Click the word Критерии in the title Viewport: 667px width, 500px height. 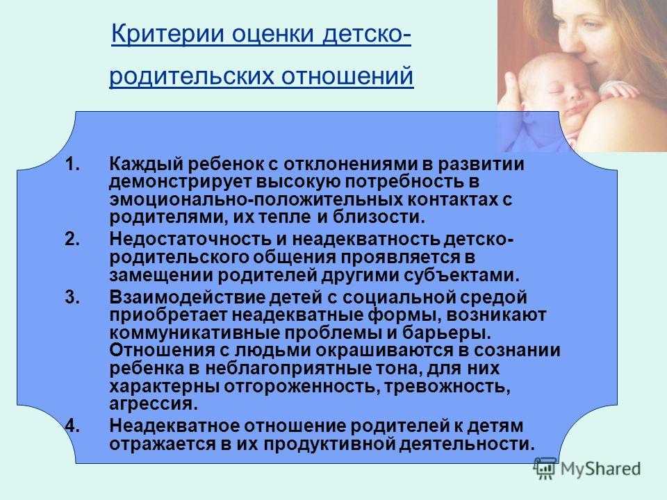pyautogui.click(x=167, y=33)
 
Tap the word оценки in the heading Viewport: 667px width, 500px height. pyautogui.click(x=273, y=34)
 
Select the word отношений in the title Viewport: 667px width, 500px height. pyautogui.click(x=347, y=76)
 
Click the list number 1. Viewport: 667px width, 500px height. pyautogui.click(x=73, y=164)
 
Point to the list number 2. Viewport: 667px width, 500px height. pyautogui.click(x=72, y=239)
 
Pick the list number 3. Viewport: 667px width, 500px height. pyautogui.click(x=72, y=297)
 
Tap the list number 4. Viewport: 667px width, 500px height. pyautogui.click(x=72, y=426)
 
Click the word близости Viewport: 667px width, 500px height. pyautogui.click(x=378, y=217)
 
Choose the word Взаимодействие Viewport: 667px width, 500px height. pyautogui.click(x=187, y=297)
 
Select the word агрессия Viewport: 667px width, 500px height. pyautogui.click(x=154, y=404)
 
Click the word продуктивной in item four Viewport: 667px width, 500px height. pyautogui.click(x=329, y=444)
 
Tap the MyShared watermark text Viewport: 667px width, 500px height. pyautogui.click(x=600, y=469)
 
